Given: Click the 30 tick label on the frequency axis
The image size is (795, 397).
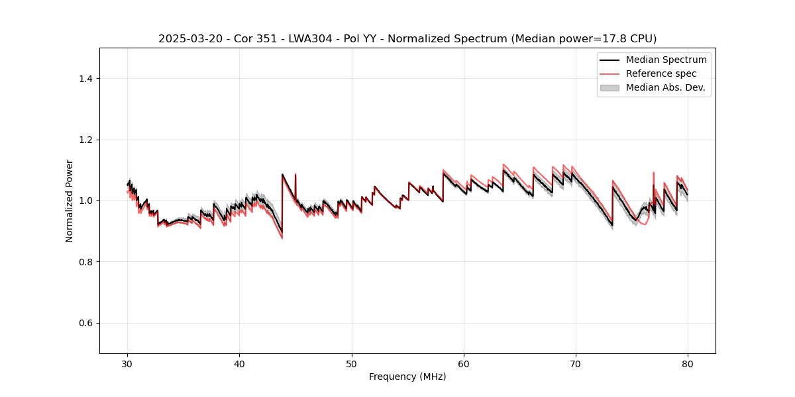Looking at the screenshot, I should point(128,363).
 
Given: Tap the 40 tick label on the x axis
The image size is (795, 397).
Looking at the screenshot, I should point(240,363).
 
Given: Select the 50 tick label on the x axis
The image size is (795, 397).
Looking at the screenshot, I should point(352,363).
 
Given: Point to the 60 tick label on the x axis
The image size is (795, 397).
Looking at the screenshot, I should point(464,363).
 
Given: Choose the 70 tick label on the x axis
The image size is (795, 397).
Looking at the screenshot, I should point(576,363).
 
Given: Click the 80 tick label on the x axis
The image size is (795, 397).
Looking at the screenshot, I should point(688,363).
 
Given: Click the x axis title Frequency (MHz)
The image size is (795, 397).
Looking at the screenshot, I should point(407,376).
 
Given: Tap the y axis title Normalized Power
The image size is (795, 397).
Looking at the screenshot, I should point(70,200).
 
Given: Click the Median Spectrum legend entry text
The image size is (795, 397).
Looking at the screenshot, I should point(666,60).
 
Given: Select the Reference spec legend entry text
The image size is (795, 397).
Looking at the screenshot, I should point(661,73).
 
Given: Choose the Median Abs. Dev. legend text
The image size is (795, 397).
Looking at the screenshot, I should point(665,87).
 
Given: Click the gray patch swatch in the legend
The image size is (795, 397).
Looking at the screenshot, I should point(609,87).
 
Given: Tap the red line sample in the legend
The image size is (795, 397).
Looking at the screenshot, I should point(609,73).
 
